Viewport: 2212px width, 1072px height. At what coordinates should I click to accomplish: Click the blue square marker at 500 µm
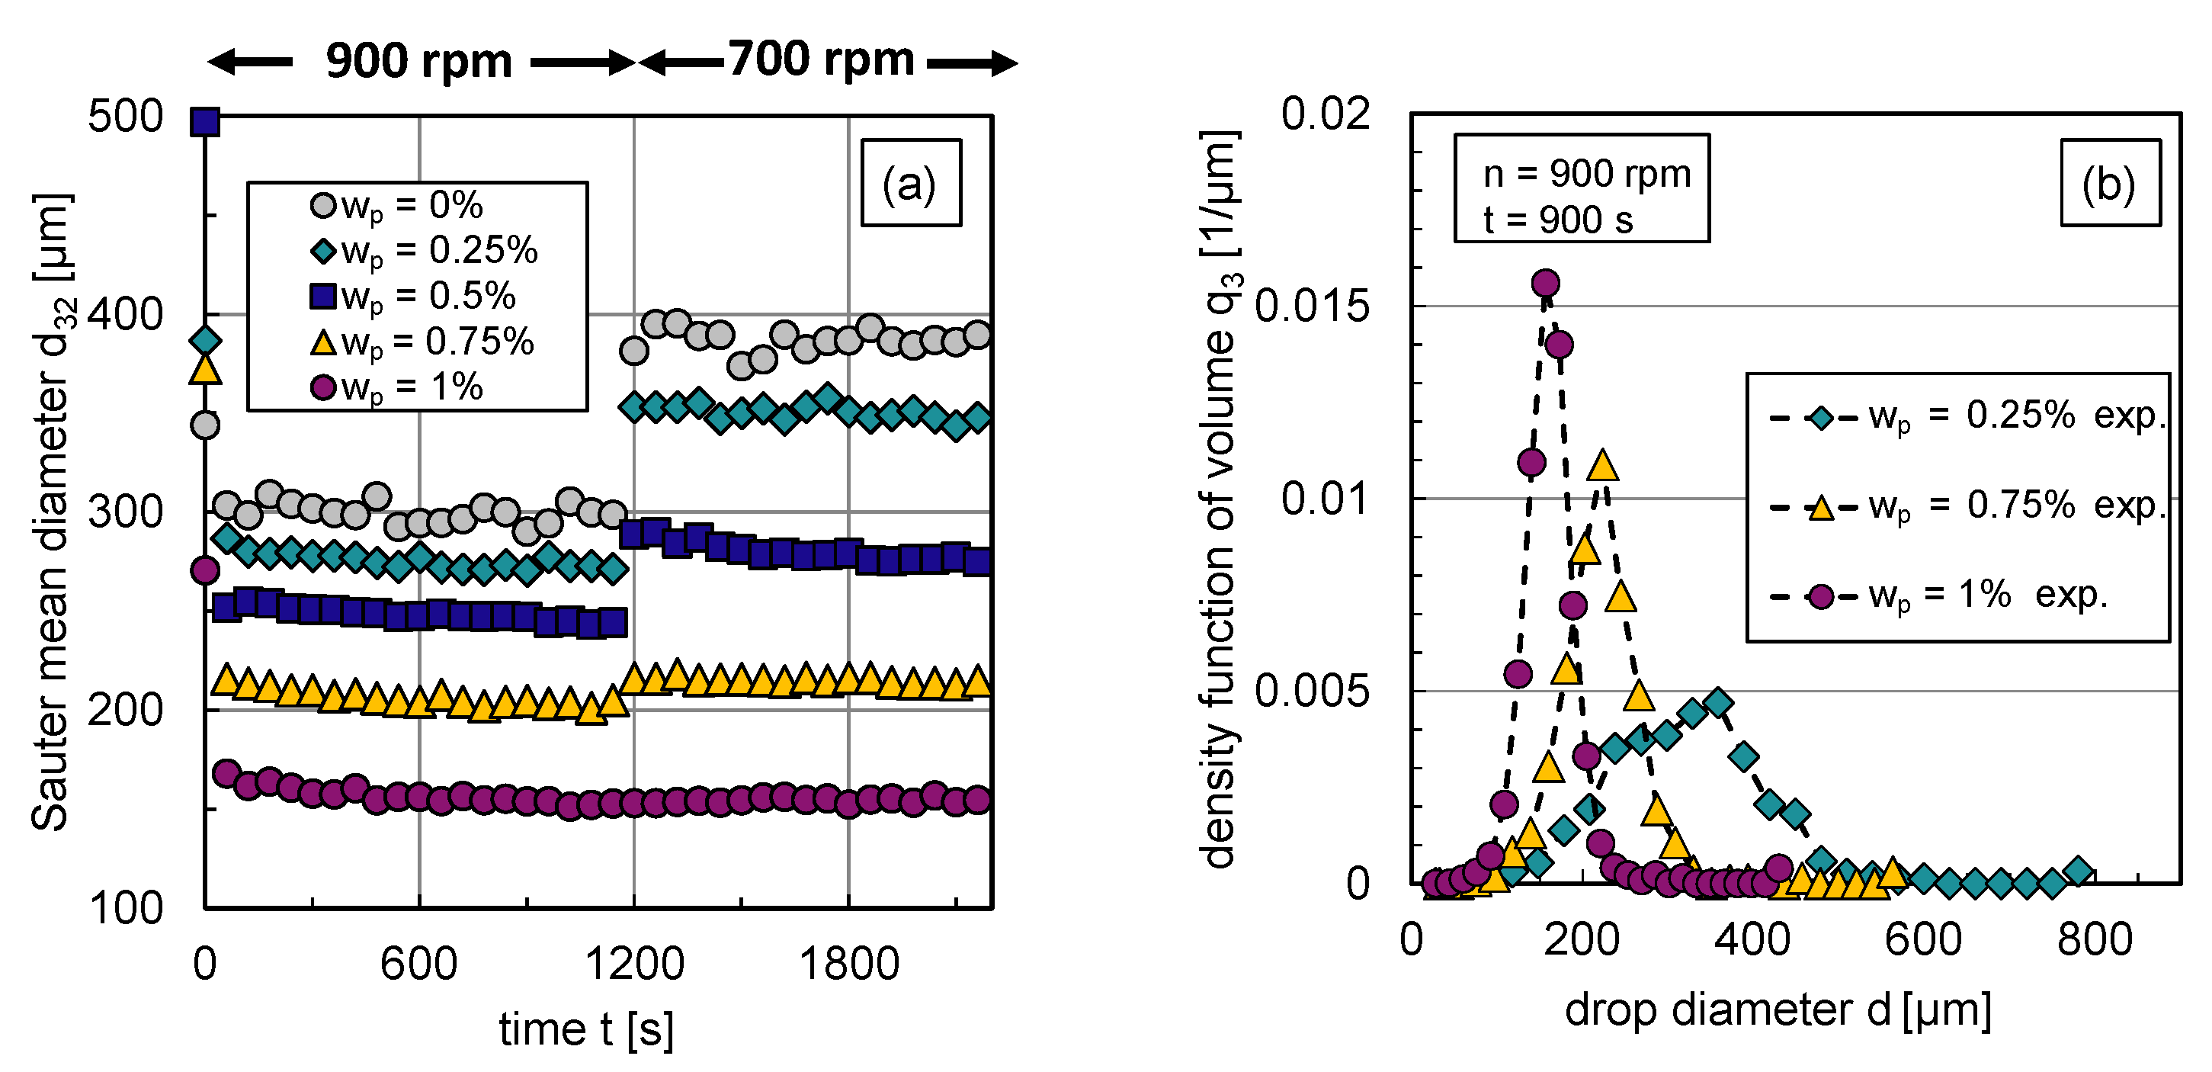click(205, 122)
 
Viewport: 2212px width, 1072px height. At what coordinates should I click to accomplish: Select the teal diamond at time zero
click(205, 341)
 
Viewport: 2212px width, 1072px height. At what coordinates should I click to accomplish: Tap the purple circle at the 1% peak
click(1546, 283)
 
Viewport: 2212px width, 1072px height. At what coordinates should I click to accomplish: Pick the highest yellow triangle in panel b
click(1602, 466)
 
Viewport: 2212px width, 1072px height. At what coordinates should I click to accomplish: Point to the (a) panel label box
click(910, 183)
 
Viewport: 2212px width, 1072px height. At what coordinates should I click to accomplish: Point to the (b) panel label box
click(2110, 183)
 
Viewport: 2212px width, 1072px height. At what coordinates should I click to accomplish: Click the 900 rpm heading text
click(419, 62)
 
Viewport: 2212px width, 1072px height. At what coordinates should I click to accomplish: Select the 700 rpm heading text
click(821, 60)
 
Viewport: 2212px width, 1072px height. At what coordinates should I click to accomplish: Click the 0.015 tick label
click(1311, 307)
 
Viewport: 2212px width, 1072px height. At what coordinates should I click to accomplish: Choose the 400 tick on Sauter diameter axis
click(125, 314)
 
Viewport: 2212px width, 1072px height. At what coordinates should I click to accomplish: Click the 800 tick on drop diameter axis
click(2095, 940)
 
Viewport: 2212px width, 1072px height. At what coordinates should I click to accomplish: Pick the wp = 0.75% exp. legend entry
click(1967, 506)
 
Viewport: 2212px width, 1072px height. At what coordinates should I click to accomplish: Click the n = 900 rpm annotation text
click(1587, 175)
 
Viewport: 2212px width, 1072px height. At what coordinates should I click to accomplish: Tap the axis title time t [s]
click(586, 1029)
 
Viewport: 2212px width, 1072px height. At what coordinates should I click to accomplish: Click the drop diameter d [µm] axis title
click(1778, 1010)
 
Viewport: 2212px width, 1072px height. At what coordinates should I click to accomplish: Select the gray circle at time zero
click(205, 425)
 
